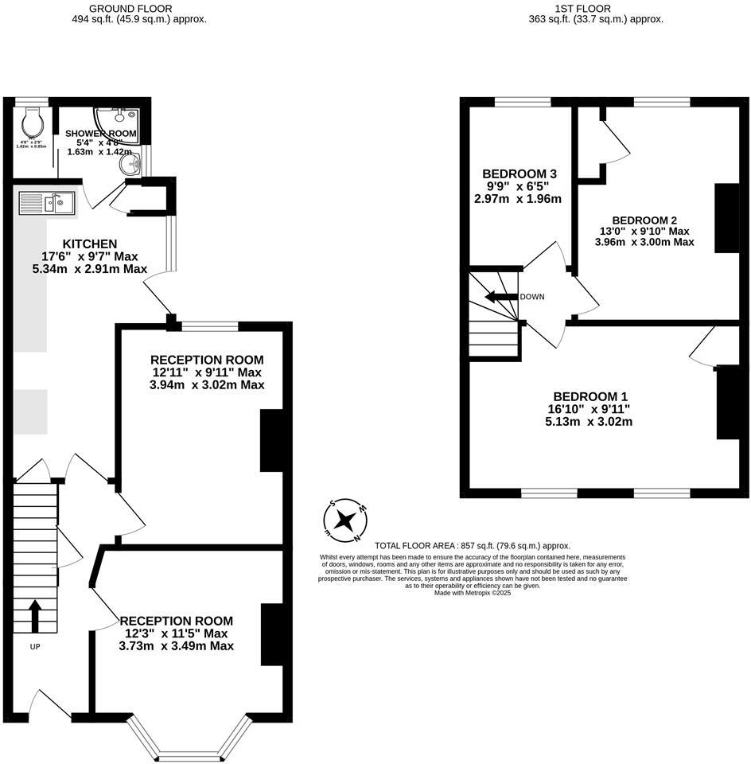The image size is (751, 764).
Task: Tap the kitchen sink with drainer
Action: point(49,204)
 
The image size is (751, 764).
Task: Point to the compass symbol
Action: point(344,520)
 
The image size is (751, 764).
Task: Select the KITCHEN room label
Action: point(91,244)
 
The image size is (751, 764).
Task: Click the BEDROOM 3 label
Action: point(519,174)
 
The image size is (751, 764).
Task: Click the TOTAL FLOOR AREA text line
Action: point(473,546)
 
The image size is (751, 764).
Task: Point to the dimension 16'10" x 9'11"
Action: point(589,409)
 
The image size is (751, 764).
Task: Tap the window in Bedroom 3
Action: point(523,102)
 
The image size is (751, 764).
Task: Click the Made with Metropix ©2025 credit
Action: point(473,592)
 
